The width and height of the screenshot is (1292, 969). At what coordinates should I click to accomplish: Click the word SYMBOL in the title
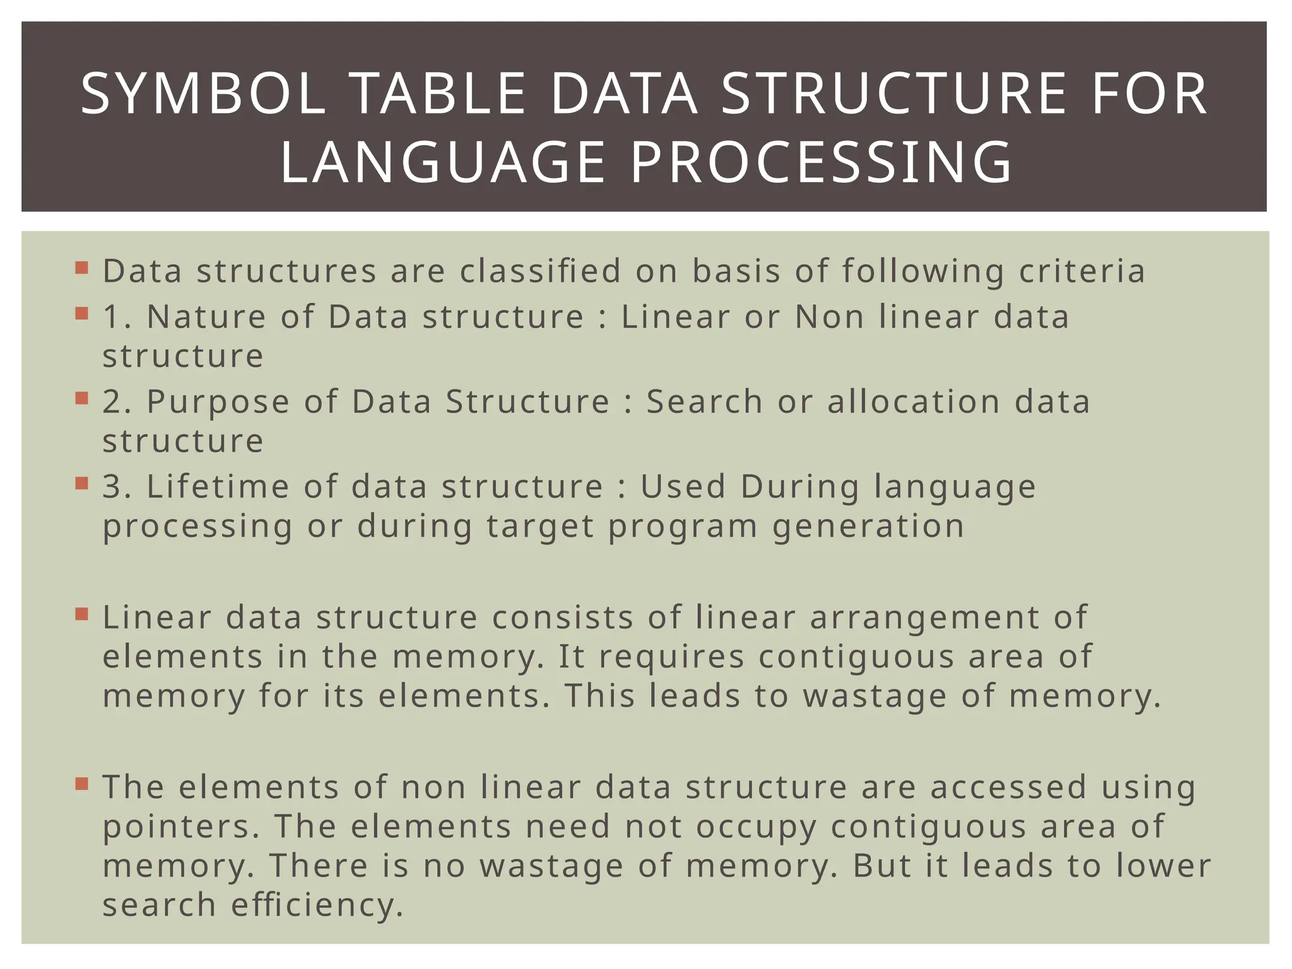pyautogui.click(x=203, y=95)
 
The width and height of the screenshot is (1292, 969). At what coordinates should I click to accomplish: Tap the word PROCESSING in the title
pyautogui.click(x=821, y=163)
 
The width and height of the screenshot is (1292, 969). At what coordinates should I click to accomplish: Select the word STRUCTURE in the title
pyautogui.click(x=893, y=95)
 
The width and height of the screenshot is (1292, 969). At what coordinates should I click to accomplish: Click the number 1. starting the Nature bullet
pyautogui.click(x=117, y=317)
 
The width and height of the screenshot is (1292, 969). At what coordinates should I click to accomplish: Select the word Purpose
pyautogui.click(x=218, y=402)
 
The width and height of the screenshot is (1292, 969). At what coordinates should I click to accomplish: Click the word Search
pyautogui.click(x=704, y=402)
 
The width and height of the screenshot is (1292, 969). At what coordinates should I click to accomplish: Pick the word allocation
pyautogui.click(x=913, y=402)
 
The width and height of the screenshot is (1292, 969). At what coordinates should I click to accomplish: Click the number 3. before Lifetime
pyautogui.click(x=117, y=487)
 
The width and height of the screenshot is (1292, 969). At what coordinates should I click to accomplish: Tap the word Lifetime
pyautogui.click(x=218, y=487)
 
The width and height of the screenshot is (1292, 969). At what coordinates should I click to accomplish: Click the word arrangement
pyautogui.click(x=924, y=618)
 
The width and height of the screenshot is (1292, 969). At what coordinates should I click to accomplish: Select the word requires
pyautogui.click(x=671, y=657)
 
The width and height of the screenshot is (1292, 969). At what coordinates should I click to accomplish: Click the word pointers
pyautogui.click(x=180, y=827)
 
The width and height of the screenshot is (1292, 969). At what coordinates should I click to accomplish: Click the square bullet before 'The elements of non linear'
pyautogui.click(x=81, y=784)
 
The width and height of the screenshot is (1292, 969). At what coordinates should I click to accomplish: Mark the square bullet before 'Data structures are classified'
pyautogui.click(x=81, y=267)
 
